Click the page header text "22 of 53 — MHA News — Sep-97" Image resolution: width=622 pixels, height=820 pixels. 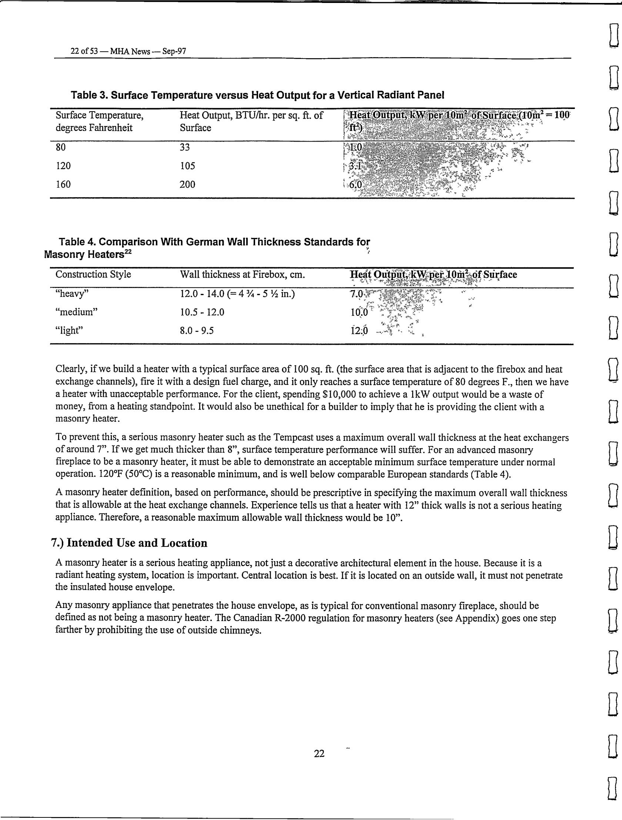pyautogui.click(x=128, y=51)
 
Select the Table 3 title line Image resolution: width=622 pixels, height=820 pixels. pyautogui.click(x=257, y=95)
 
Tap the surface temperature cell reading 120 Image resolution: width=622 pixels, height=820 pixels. pyautogui.click(x=63, y=166)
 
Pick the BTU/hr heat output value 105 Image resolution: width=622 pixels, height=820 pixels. pyautogui.click(x=187, y=166)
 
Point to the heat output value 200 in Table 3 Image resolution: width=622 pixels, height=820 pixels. pyautogui.click(x=187, y=184)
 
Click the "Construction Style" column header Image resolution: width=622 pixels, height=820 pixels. pyautogui.click(x=93, y=274)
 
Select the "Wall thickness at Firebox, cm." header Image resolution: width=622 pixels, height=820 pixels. pyautogui.click(x=242, y=274)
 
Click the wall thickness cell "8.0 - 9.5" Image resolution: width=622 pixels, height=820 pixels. pyautogui.click(x=197, y=330)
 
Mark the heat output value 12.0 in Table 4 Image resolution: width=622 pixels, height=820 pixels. pyautogui.click(x=359, y=330)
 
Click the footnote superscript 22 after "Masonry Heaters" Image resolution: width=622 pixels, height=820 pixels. pyautogui.click(x=128, y=252)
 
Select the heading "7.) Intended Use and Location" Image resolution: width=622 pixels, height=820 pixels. pyautogui.click(x=129, y=543)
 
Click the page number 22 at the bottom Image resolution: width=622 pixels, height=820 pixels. pyautogui.click(x=319, y=753)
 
